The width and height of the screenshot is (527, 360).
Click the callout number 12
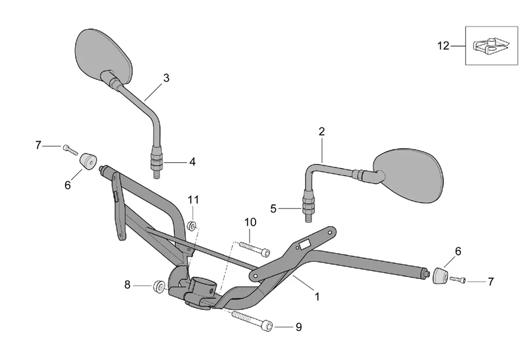[x=443, y=45]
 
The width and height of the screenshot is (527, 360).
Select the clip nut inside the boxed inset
[x=491, y=46]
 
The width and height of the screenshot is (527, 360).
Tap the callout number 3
[x=166, y=78]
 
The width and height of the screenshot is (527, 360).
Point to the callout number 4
[x=192, y=162]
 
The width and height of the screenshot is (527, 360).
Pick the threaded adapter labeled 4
[x=157, y=162]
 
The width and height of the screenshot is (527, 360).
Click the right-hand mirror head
[x=408, y=175]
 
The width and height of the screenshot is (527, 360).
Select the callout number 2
[x=321, y=132]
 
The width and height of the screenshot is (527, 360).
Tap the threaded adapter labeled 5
[x=308, y=206]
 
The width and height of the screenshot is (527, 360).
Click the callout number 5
[x=273, y=209]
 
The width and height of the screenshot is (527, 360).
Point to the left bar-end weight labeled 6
[x=88, y=161]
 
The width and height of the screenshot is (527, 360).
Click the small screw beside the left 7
[x=70, y=150]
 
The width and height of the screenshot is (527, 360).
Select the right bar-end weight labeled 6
[x=439, y=276]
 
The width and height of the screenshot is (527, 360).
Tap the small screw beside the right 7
[x=458, y=280]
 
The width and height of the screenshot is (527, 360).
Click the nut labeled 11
[x=192, y=225]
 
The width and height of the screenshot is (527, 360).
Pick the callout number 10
[x=250, y=222]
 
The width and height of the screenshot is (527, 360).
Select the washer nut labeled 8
[x=159, y=286]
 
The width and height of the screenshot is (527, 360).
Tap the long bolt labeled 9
[x=252, y=320]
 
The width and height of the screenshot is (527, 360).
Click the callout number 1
[x=317, y=297]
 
